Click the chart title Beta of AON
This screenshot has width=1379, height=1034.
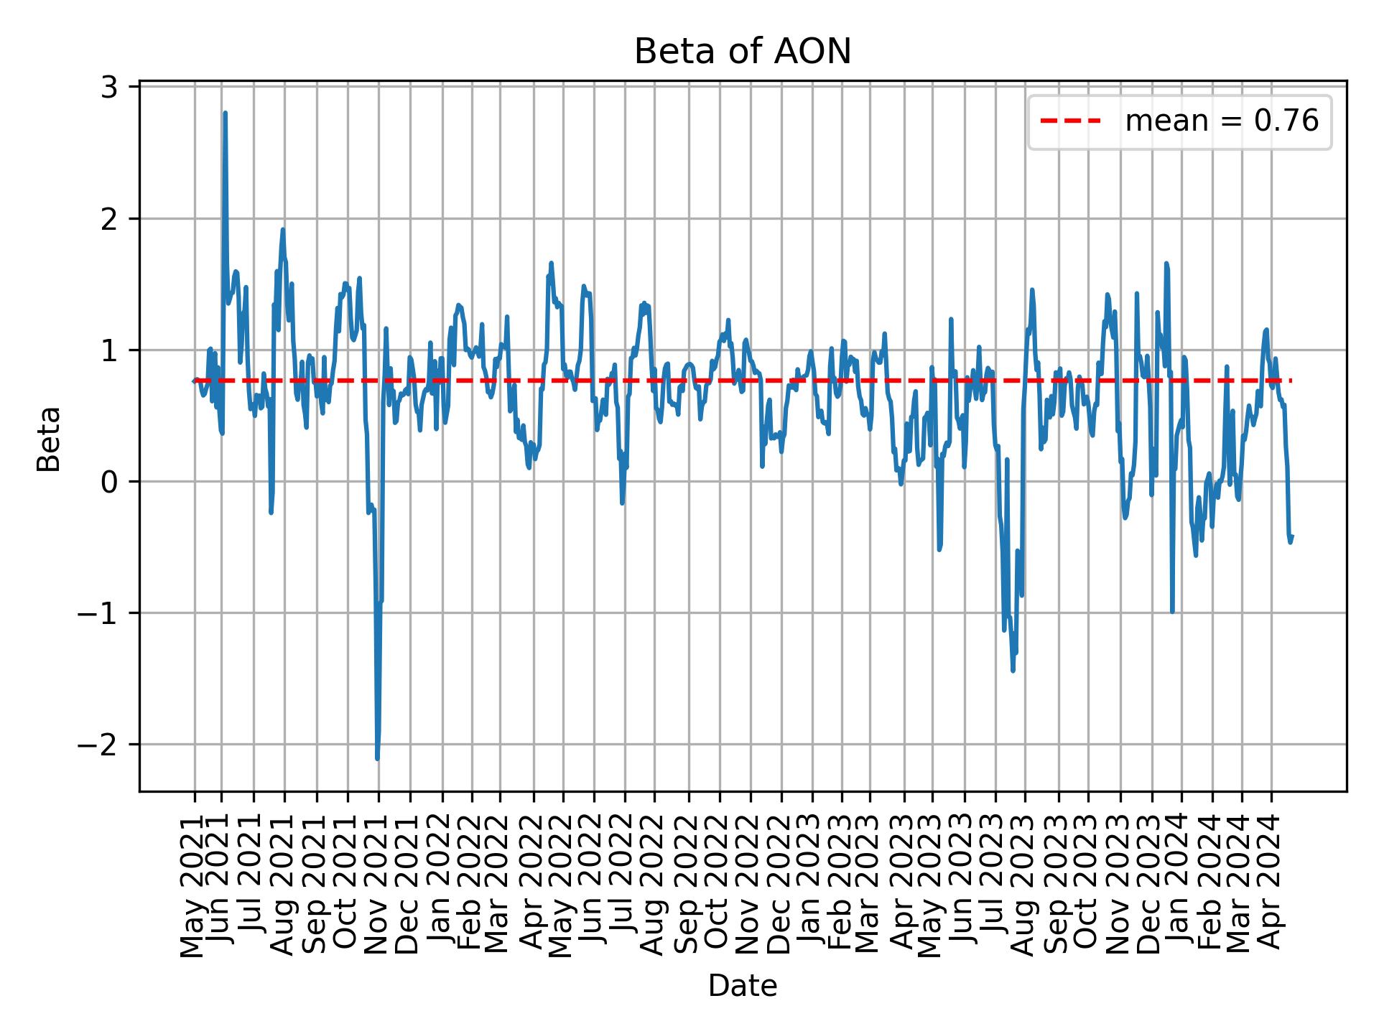pyautogui.click(x=742, y=52)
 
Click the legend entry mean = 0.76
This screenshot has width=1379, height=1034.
pyautogui.click(x=1221, y=121)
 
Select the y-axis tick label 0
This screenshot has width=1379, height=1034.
pyautogui.click(x=110, y=482)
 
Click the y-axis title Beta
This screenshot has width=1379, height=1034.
pyautogui.click(x=49, y=439)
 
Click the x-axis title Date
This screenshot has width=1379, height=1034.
pyautogui.click(x=742, y=986)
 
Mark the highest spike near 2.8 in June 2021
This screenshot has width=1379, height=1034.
pyautogui.click(x=225, y=113)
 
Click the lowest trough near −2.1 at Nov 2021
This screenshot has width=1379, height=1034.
pyautogui.click(x=377, y=759)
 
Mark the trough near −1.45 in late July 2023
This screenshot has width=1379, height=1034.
pyautogui.click(x=1013, y=671)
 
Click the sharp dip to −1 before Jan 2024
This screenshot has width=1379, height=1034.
pyautogui.click(x=1172, y=612)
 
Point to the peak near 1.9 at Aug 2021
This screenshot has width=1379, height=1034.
pyautogui.click(x=283, y=230)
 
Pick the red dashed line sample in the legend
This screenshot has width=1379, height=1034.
pyautogui.click(x=1070, y=121)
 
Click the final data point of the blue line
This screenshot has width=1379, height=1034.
pyautogui.click(x=1292, y=536)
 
